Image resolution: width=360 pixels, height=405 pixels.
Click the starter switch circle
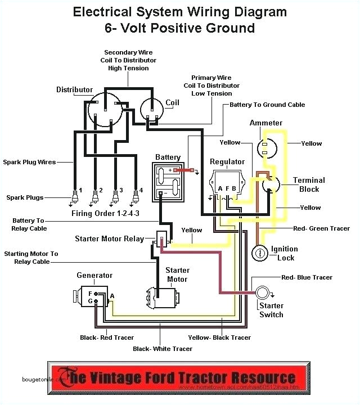[x=263, y=292]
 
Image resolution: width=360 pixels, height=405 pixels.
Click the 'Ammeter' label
[x=266, y=123]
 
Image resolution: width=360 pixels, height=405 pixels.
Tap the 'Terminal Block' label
[x=309, y=184]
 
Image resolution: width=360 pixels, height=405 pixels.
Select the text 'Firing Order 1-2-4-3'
[x=106, y=214]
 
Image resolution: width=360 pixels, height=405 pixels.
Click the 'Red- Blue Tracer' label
[x=307, y=277]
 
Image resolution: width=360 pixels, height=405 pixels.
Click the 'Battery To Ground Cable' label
[x=267, y=105]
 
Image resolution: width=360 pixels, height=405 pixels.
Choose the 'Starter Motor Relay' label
[x=109, y=239]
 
